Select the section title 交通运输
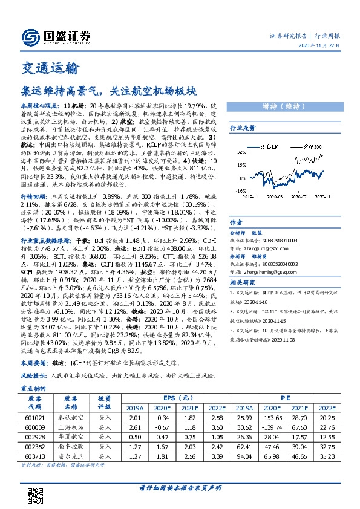tap(46, 66)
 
